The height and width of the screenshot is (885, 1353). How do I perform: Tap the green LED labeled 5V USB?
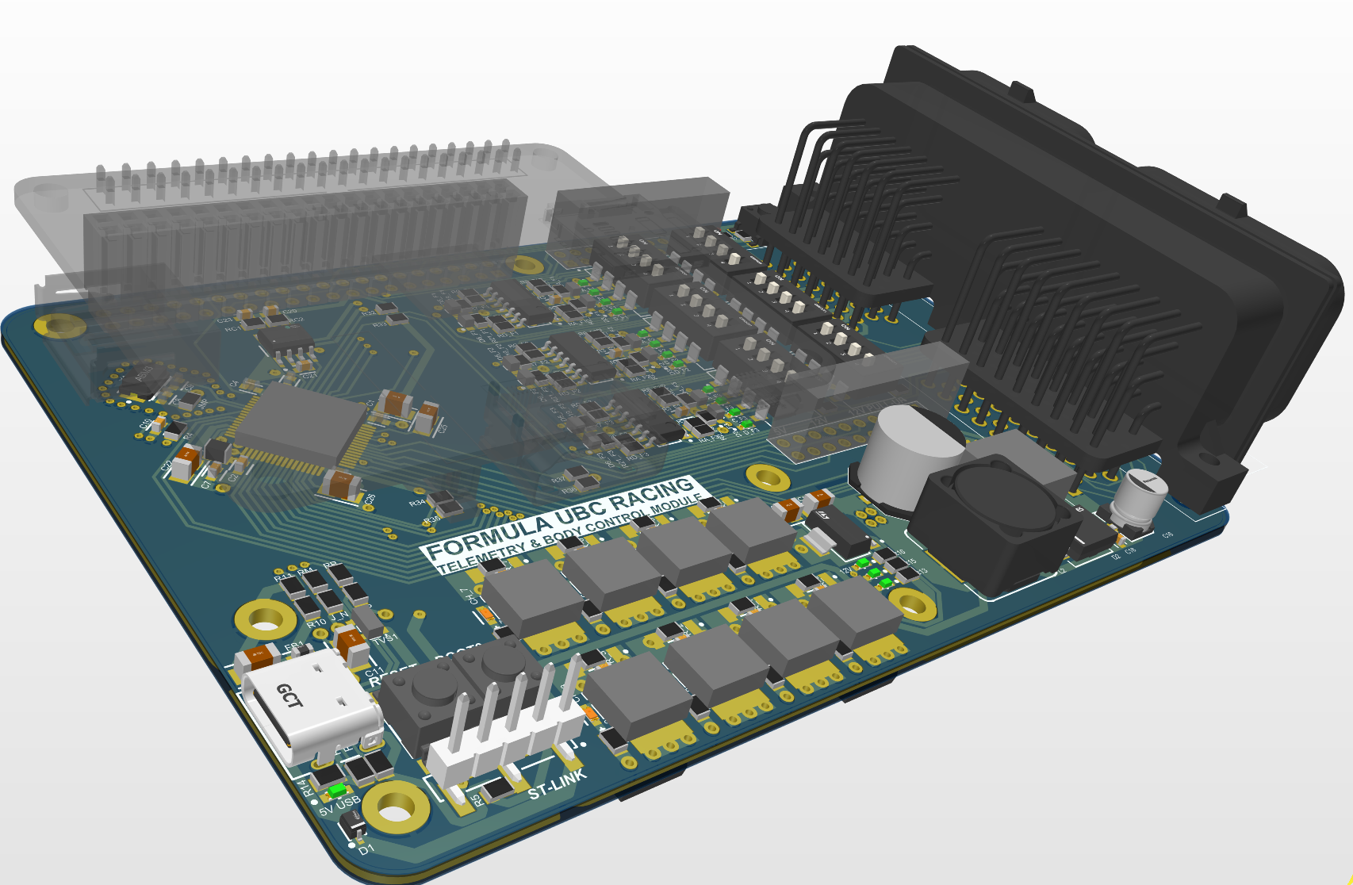click(x=339, y=791)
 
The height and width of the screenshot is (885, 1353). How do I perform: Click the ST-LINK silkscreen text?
click(x=558, y=784)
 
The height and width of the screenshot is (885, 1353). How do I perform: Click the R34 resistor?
click(x=439, y=500)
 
